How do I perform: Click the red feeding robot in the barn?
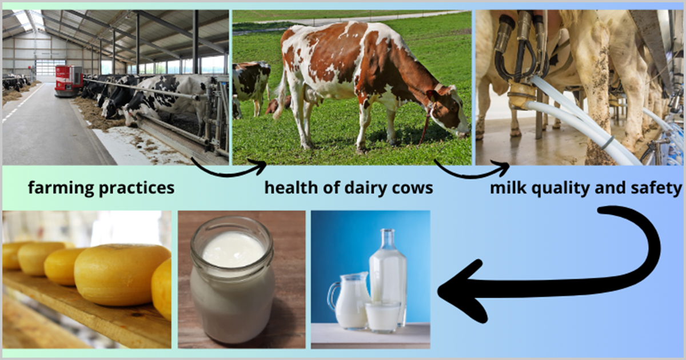[x=68, y=81]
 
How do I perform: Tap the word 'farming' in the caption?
[x=61, y=188]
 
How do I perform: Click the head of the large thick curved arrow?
[x=462, y=291]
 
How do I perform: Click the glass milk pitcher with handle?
[x=349, y=300]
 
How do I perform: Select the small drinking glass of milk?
[x=383, y=317]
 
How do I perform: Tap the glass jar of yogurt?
[x=232, y=279]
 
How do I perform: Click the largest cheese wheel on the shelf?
[x=122, y=274]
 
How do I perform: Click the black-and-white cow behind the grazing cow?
[x=251, y=87]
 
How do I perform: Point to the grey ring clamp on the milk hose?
[x=607, y=143]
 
